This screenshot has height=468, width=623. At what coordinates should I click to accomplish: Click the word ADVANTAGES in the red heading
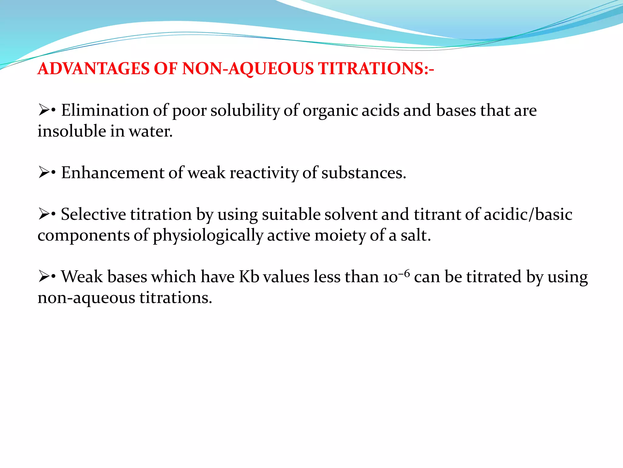click(94, 69)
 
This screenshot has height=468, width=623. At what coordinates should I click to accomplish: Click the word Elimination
click(105, 110)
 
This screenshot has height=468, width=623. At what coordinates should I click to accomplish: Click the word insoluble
click(71, 131)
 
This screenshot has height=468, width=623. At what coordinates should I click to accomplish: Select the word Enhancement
click(113, 173)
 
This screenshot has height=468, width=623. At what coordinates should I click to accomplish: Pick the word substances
click(364, 173)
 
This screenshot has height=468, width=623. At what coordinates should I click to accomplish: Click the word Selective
click(93, 214)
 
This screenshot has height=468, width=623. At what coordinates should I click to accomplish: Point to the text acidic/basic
click(528, 214)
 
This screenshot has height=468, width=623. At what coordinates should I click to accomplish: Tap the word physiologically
click(208, 236)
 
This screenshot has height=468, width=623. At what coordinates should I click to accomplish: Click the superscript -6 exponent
click(404, 272)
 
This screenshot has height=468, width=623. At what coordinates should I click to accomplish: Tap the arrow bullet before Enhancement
click(44, 173)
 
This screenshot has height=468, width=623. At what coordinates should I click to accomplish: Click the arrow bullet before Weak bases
click(44, 277)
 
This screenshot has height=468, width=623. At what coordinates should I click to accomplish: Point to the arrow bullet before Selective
click(44, 214)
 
